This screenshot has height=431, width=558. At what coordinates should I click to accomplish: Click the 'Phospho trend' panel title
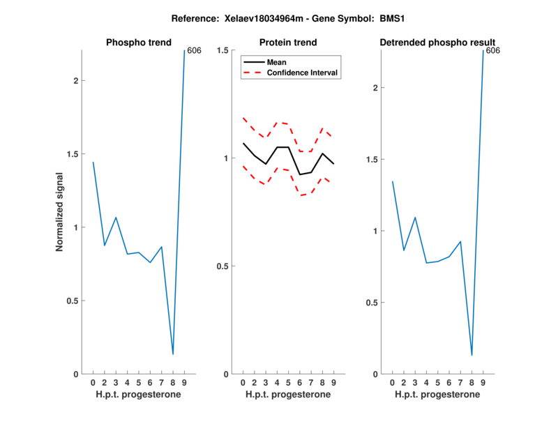tap(139, 43)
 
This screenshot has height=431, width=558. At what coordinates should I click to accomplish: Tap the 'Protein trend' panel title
tap(288, 43)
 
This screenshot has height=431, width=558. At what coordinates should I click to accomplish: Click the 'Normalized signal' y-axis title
tap(60, 212)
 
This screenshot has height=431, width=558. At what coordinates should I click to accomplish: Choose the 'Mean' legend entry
tap(277, 62)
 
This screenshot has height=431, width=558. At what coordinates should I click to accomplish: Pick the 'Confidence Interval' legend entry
tap(303, 73)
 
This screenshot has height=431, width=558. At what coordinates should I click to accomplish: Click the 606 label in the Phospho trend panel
tap(195, 51)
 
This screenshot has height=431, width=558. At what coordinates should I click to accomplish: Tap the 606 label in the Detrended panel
tap(493, 51)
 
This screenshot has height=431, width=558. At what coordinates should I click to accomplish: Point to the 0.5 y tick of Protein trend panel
tap(225, 266)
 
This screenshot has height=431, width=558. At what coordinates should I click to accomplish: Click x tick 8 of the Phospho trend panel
tap(173, 383)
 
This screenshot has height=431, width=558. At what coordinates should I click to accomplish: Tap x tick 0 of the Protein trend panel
tap(243, 383)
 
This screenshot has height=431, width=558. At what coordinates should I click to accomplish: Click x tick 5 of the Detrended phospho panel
tap(437, 383)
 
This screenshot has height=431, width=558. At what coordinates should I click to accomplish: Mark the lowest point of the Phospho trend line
tap(173, 354)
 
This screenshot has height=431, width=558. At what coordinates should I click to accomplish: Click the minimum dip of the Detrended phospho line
tap(472, 355)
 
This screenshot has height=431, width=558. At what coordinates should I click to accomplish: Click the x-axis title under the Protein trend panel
tap(288, 395)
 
